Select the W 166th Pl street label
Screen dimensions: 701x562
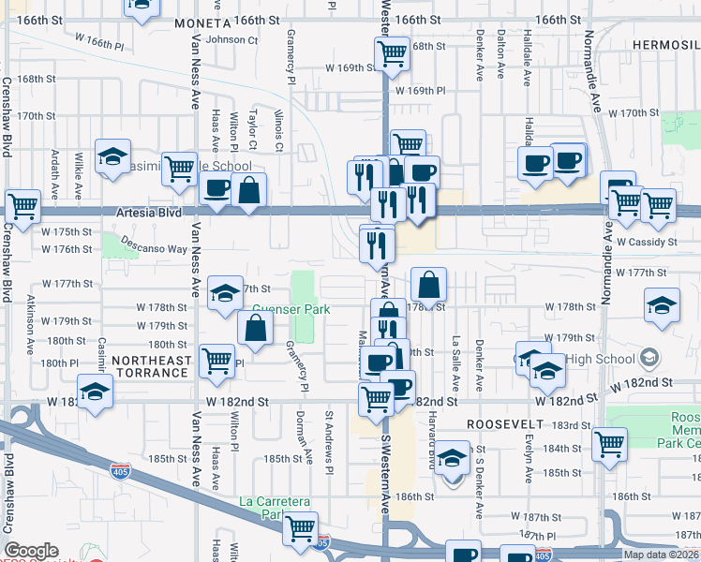pyautogui.click(x=106, y=43)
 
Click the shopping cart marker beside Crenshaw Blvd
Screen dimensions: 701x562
pyautogui.click(x=22, y=204)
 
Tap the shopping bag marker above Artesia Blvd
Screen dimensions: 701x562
pyautogui.click(x=249, y=190)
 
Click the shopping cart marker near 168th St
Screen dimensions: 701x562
pyautogui.click(x=392, y=52)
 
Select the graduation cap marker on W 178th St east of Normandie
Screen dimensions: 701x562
pyautogui.click(x=662, y=304)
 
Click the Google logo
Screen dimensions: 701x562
pyautogui.click(x=31, y=551)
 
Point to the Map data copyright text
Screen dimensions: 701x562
pyautogui.click(x=661, y=555)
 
